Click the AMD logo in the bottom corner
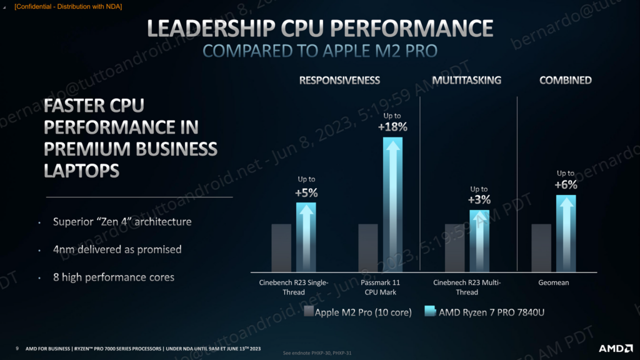(x=615, y=348)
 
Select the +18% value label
(x=392, y=127)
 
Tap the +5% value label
(x=306, y=192)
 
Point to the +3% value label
(x=479, y=200)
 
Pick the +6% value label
(x=566, y=184)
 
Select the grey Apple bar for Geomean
(x=541, y=247)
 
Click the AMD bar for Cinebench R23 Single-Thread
(x=306, y=237)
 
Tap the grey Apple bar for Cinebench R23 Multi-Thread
(x=454, y=247)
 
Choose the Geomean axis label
(x=554, y=282)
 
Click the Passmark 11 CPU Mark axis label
(x=381, y=287)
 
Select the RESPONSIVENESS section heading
(x=339, y=80)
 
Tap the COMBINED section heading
(x=566, y=80)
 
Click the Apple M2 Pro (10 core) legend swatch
(x=309, y=312)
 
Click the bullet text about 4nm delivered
(x=117, y=249)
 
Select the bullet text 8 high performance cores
(x=113, y=277)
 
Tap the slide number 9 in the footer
(x=17, y=348)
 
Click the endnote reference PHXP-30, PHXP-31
(x=317, y=353)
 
